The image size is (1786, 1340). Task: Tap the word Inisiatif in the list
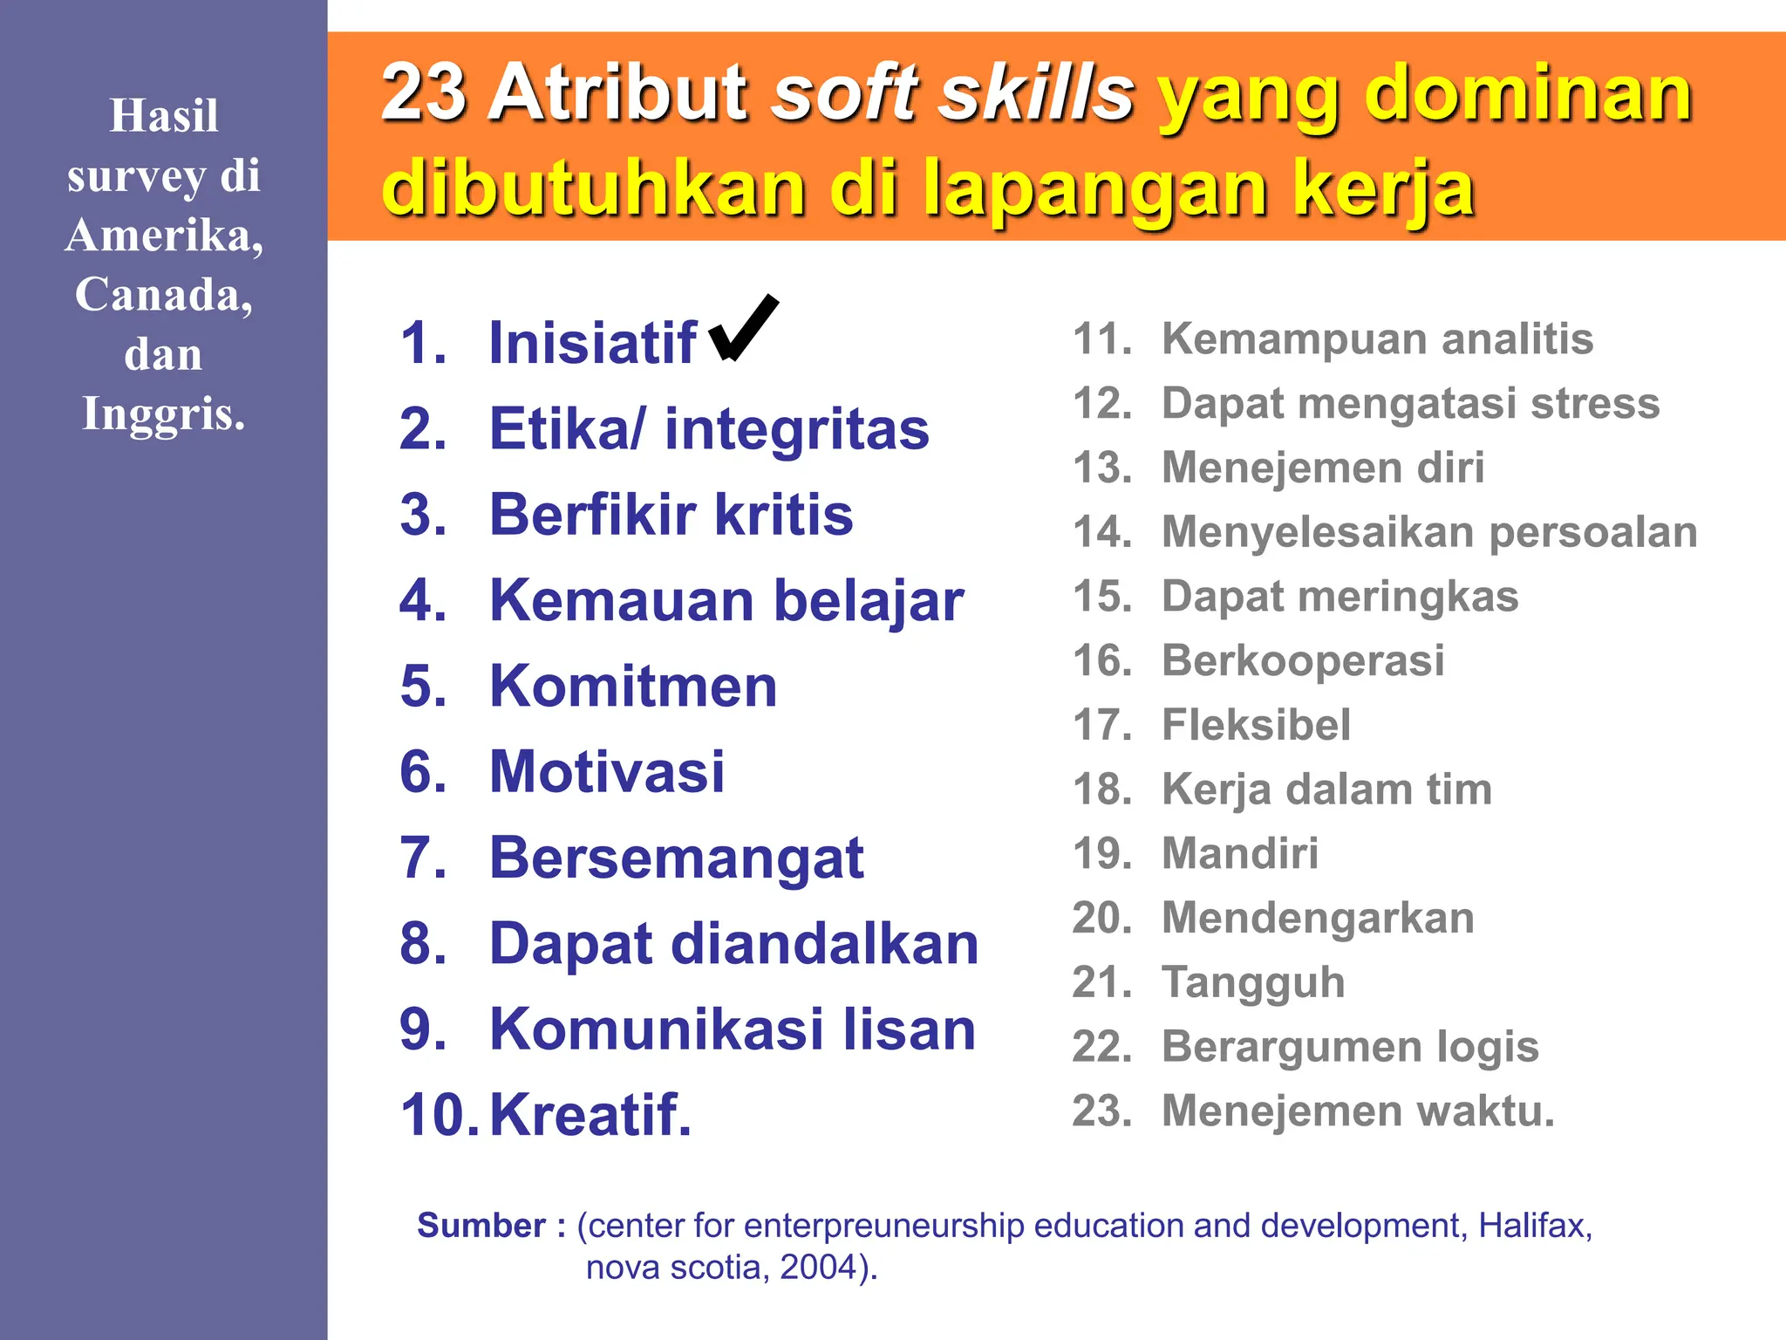tap(592, 343)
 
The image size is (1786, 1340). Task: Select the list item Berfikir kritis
tap(671, 515)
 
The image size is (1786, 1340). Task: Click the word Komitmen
tap(633, 687)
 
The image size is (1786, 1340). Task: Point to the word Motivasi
tap(607, 772)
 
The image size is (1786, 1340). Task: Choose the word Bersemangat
tap(676, 858)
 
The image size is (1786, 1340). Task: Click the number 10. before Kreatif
tap(439, 1116)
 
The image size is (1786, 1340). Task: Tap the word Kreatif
tap(590, 1116)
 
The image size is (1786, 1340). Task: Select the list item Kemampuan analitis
tap(1377, 338)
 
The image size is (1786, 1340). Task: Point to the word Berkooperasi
tap(1303, 660)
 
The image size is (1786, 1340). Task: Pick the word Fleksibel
tap(1256, 725)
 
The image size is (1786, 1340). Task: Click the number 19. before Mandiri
tap(1101, 853)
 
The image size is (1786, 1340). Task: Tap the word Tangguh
tap(1253, 982)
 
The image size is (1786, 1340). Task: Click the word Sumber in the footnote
tap(481, 1226)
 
